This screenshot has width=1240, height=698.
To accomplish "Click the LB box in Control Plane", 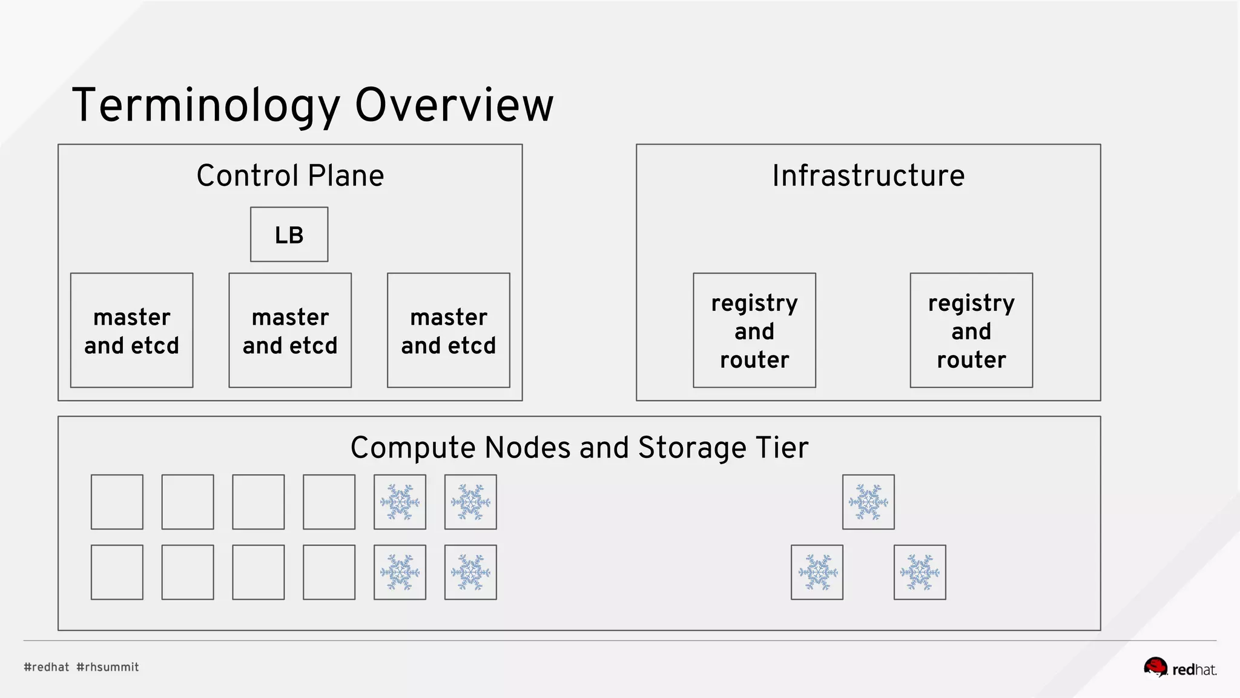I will pos(289,234).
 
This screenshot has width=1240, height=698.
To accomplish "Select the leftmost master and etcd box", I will pos(131,330).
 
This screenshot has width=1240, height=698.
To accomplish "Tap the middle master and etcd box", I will pos(290,330).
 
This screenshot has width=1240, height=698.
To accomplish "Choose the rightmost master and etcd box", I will pos(448,330).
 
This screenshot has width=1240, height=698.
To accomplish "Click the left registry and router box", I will pos(754,330).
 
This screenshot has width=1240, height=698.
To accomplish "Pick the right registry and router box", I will pos(971,330).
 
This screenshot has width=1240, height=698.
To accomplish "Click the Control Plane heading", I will pos(290,176).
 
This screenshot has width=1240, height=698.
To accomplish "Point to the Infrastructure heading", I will pos(868,176).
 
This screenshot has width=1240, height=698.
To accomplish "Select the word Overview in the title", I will pos(454,105).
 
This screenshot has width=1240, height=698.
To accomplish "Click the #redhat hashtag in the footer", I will pos(47,667).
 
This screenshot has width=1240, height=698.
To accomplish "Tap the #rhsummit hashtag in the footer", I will pos(108,667).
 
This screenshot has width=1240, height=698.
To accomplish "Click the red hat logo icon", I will pos(1155,667).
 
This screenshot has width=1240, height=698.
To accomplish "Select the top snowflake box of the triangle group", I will pos(868,502).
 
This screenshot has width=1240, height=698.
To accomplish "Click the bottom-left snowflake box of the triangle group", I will pos(817,572).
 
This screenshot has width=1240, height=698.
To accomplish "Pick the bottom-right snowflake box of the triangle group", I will pos(920,572).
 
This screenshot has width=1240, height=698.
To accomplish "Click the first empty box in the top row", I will pos(117,502).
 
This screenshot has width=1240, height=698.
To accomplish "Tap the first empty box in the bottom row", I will pos(117,572).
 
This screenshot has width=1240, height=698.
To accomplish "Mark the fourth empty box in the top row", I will pos(329,502).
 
